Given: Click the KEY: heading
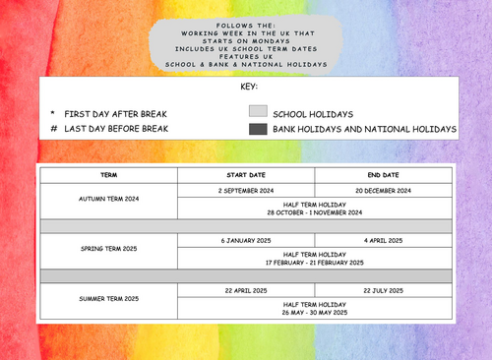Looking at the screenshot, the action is point(248,87).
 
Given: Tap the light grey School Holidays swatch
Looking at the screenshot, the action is point(258,112).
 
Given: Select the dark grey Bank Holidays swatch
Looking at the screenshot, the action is point(258,129).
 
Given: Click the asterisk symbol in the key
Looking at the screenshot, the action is point(51,113).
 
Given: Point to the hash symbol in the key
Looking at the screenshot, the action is point(51,129).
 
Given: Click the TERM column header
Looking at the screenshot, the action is point(108,174).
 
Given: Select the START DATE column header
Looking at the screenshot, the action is point(245,174).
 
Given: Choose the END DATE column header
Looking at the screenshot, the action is point(383,174).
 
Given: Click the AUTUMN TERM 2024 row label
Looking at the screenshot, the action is point(108,199).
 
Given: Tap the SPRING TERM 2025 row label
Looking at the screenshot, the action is point(108,249).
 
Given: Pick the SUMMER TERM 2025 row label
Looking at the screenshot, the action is point(108,298).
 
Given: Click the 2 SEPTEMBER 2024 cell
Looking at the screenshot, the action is point(245,190).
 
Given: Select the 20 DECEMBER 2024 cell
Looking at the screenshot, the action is point(383,190).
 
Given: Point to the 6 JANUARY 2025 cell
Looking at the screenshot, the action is point(245,240).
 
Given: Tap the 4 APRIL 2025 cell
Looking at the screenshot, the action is point(383,240).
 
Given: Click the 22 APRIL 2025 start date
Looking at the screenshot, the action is point(245,289).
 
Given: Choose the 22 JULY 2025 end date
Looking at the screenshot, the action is point(383,289).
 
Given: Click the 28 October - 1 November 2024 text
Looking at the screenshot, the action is point(314,212).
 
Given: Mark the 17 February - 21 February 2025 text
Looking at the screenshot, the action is point(314,263).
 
